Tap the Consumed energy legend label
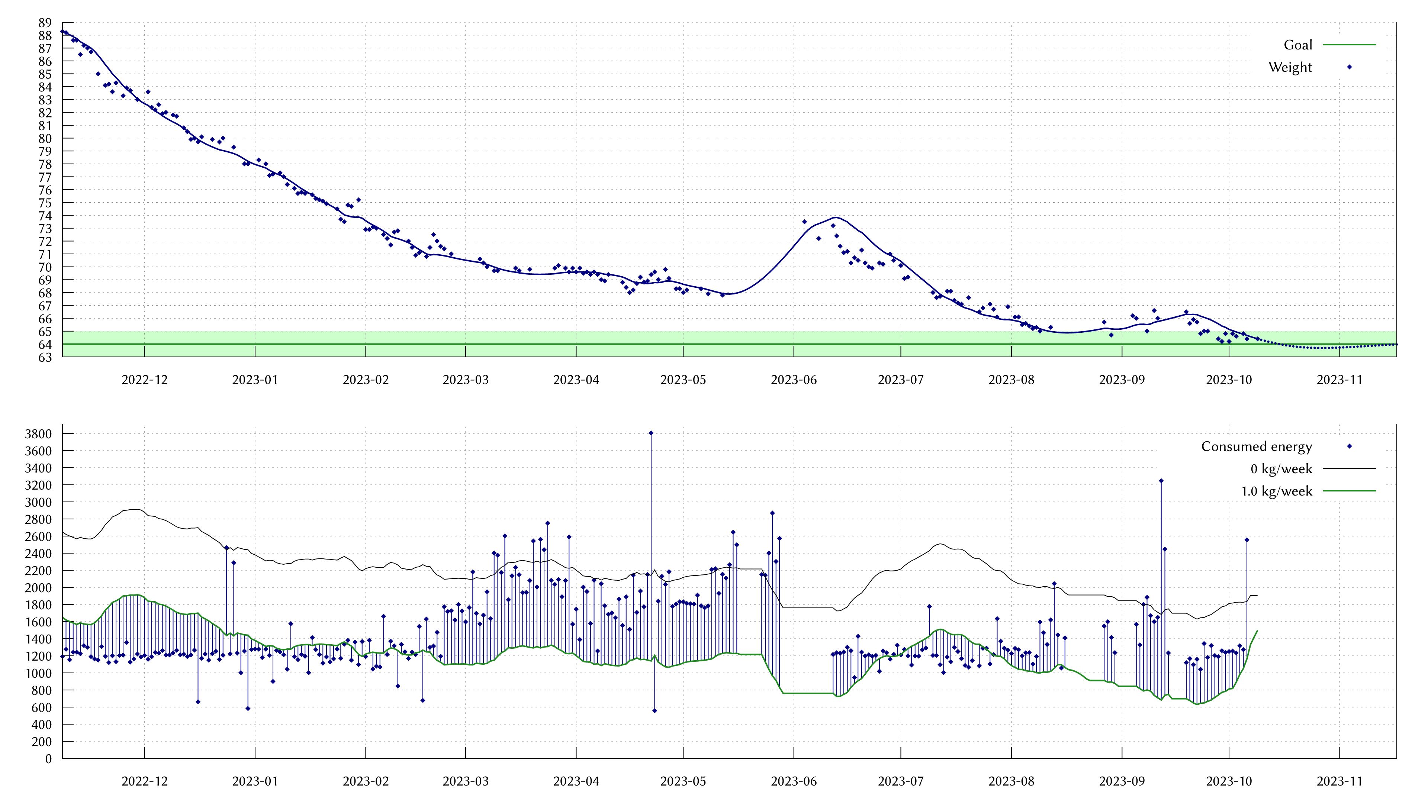point(1256,446)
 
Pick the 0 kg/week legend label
point(1281,469)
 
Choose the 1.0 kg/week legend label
point(1276,491)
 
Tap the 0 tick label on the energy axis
point(48,759)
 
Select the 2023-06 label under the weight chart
point(794,380)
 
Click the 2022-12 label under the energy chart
point(144,781)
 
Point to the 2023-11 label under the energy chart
point(1339,781)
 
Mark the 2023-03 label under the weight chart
point(466,380)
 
